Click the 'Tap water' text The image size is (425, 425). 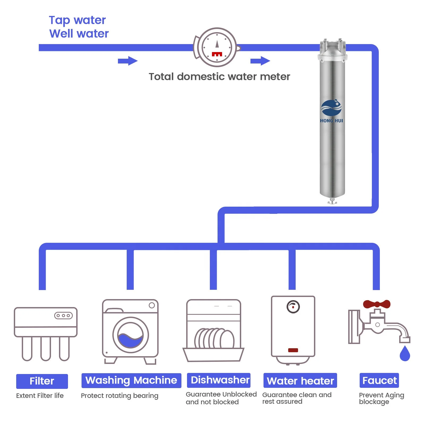(77, 20)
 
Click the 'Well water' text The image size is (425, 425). (79, 34)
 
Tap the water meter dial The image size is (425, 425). (217, 48)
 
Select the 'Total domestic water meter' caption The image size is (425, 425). (219, 76)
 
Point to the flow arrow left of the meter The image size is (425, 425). (127, 61)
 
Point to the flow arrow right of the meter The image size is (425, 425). (260, 61)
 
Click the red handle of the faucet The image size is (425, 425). (377, 304)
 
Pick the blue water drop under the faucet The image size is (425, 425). (405, 354)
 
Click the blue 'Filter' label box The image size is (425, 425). (42, 381)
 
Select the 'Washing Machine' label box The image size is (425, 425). (131, 380)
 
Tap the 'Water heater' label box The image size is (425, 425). (300, 381)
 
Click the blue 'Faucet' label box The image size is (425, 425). (379, 380)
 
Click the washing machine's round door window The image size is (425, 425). (130, 335)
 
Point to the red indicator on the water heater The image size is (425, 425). (293, 350)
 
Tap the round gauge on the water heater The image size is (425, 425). (293, 307)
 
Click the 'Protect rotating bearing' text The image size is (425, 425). (120, 396)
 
